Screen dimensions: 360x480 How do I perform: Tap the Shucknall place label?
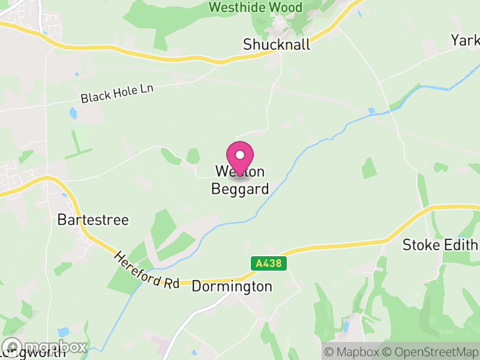coord(277,44)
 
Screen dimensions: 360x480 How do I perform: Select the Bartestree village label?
coord(93,220)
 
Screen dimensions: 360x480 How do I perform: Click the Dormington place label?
coord(232,287)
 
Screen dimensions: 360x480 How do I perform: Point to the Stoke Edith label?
coord(440,245)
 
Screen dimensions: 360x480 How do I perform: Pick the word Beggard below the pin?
coord(240,189)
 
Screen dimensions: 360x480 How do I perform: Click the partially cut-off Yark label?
coord(466,40)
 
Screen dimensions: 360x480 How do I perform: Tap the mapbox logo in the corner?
coord(45,347)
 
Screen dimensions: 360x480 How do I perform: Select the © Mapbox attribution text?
coord(352,351)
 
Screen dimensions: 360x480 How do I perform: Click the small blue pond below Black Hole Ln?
coord(73,113)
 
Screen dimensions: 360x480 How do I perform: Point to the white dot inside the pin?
coord(240,155)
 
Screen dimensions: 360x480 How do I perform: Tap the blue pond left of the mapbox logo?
coord(64,332)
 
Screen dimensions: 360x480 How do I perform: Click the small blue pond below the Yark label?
coord(371,111)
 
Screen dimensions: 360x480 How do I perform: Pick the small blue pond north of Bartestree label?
coord(64,193)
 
